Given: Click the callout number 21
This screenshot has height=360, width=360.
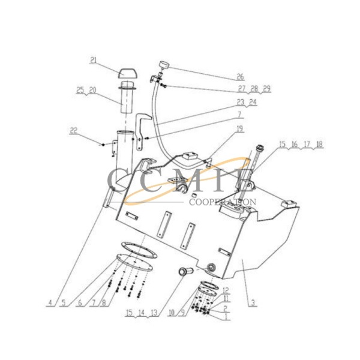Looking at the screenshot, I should (x=94, y=59).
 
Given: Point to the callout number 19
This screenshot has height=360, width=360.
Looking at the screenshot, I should (x=239, y=128).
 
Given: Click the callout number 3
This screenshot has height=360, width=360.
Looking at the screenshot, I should (x=254, y=304).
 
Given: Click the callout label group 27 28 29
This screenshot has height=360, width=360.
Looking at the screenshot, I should (x=250, y=88).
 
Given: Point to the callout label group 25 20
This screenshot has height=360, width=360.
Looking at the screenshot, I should (x=86, y=90).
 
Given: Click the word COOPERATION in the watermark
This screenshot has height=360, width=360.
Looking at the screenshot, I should (x=223, y=202).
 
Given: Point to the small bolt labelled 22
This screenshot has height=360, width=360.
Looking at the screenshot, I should (x=103, y=145).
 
